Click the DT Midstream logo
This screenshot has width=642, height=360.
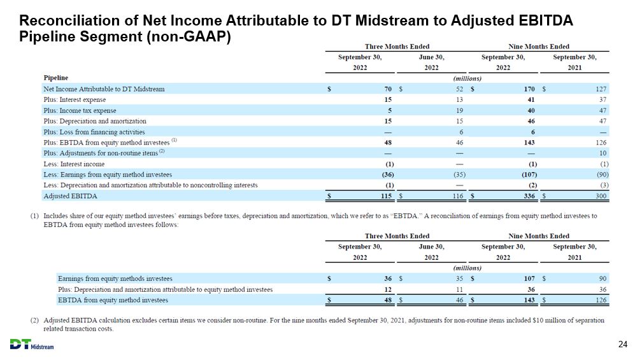[32, 344]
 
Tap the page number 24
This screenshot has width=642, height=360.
[622, 344]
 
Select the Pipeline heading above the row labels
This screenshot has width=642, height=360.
[55, 78]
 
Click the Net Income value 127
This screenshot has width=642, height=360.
[601, 89]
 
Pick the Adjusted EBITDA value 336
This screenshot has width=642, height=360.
[529, 196]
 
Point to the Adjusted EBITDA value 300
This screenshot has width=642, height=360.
[601, 196]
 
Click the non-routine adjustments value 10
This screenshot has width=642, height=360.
[603, 153]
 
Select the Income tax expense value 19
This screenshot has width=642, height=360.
[459, 111]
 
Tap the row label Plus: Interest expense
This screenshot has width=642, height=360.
[75, 99]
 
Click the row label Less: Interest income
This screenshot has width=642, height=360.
[74, 164]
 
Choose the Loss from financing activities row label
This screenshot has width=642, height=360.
[94, 132]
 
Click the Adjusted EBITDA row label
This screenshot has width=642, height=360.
[71, 196]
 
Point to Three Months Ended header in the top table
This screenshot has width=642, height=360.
[397, 47]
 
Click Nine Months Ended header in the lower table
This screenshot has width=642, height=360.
[539, 236]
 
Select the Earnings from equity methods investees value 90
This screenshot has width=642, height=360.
[603, 278]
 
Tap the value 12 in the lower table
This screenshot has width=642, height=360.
[388, 289]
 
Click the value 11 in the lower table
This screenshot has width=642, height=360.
[459, 289]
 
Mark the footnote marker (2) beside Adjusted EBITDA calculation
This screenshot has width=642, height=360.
[34, 320]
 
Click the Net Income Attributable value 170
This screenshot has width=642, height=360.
[529, 89]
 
